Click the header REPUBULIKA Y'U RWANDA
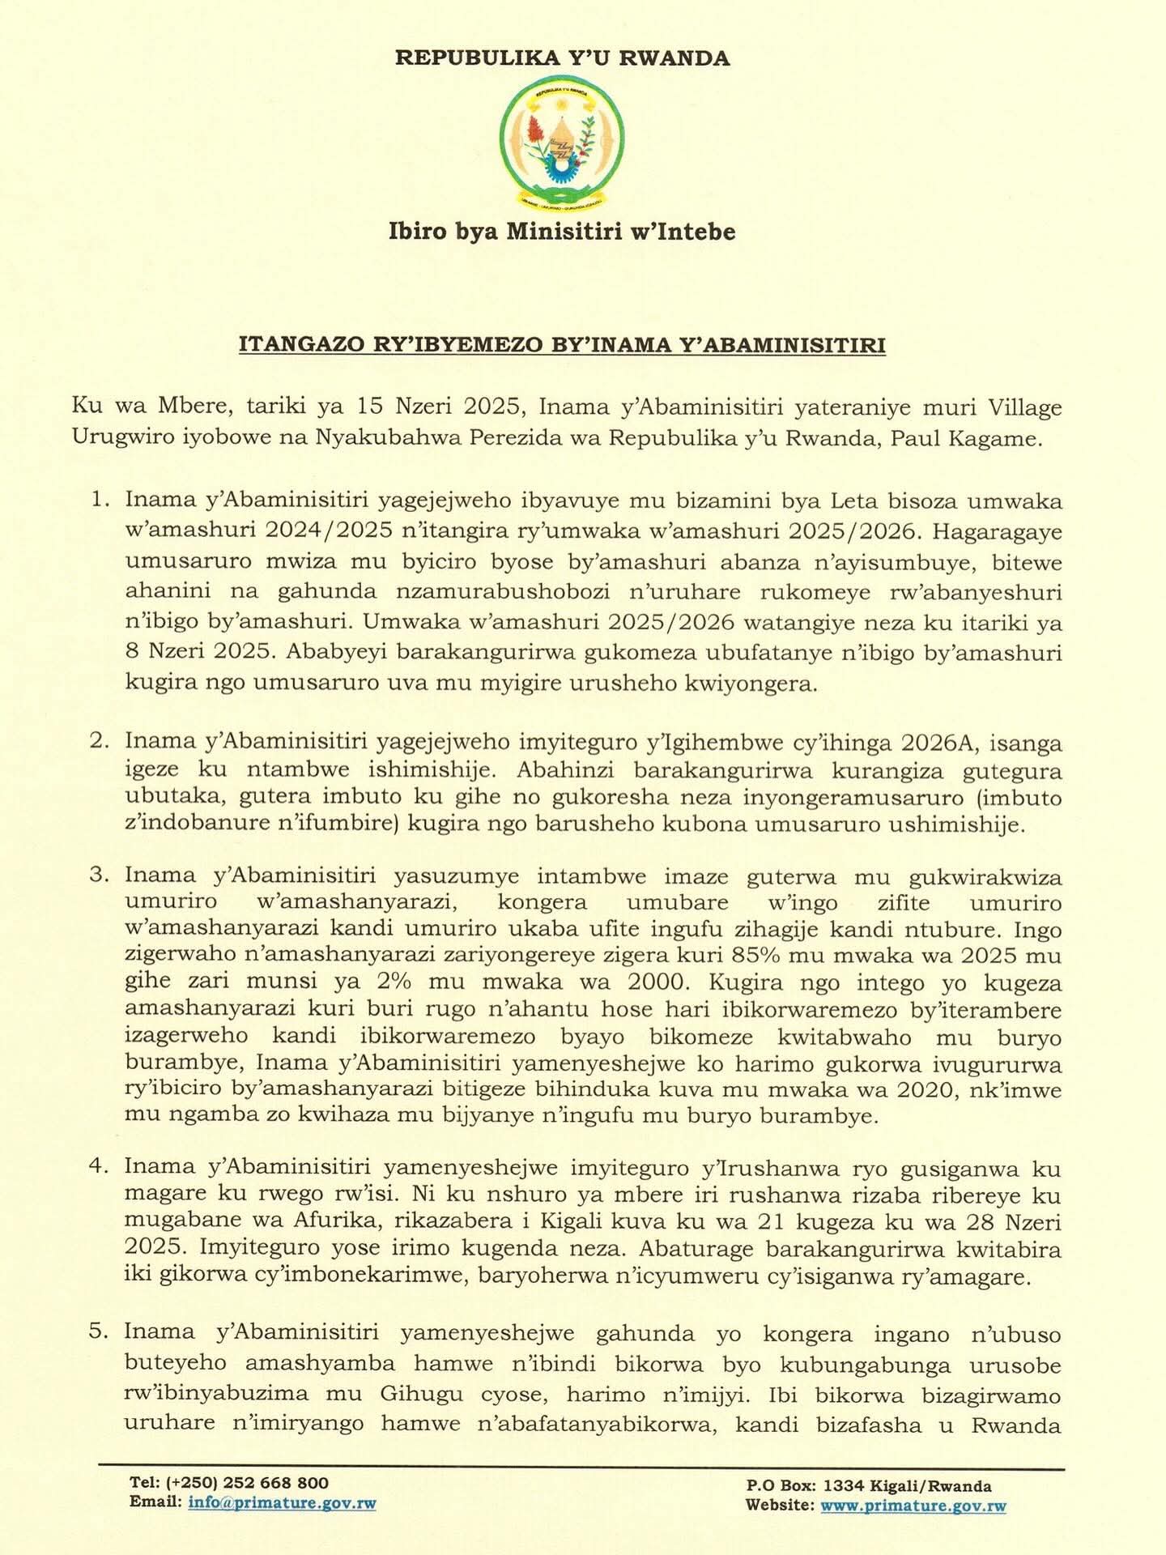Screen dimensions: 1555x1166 coord(562,58)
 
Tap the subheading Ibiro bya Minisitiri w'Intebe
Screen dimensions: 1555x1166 coord(562,232)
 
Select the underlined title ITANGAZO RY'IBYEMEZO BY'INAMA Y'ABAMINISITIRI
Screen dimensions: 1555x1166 coord(562,345)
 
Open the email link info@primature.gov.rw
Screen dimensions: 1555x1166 coord(282,1503)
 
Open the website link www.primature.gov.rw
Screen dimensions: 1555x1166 coord(913,1506)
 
